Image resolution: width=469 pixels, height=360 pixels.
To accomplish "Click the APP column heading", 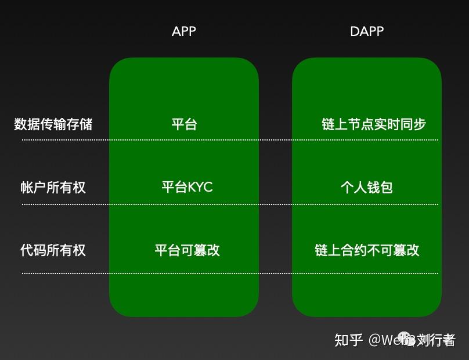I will point(184,31).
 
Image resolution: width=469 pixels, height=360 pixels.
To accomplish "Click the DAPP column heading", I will point(367,31).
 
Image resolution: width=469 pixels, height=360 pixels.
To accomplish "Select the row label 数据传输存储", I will point(53,124).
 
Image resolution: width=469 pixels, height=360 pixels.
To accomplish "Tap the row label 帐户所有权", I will point(53,187).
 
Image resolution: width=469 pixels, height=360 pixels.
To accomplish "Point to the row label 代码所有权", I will point(53,250).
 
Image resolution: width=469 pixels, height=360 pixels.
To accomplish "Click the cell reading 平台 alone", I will point(184,124).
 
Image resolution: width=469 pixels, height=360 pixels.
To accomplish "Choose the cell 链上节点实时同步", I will point(374,124).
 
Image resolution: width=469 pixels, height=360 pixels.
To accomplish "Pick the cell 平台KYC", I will point(187,187).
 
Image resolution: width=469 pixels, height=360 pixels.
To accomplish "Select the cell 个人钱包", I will point(367,187).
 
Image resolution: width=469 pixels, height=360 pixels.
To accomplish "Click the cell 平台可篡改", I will point(187,250).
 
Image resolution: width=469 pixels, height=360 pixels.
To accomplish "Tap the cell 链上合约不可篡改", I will point(367,250).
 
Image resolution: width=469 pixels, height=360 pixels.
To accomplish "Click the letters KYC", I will point(200,187).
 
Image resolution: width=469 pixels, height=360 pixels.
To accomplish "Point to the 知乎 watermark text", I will point(349,340).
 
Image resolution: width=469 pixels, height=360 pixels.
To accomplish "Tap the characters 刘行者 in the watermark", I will point(436,340).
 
